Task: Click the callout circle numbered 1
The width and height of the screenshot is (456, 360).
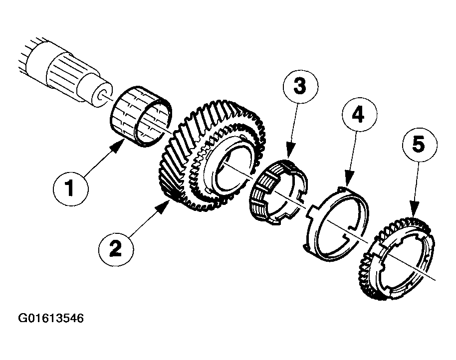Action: (70, 188)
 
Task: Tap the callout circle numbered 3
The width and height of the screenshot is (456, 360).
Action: (300, 86)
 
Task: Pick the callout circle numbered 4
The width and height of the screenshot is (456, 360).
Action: (359, 115)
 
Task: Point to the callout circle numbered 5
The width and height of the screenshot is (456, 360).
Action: (420, 145)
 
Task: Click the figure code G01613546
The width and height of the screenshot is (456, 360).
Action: (51, 318)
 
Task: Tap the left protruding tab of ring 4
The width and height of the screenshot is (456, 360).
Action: (311, 210)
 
